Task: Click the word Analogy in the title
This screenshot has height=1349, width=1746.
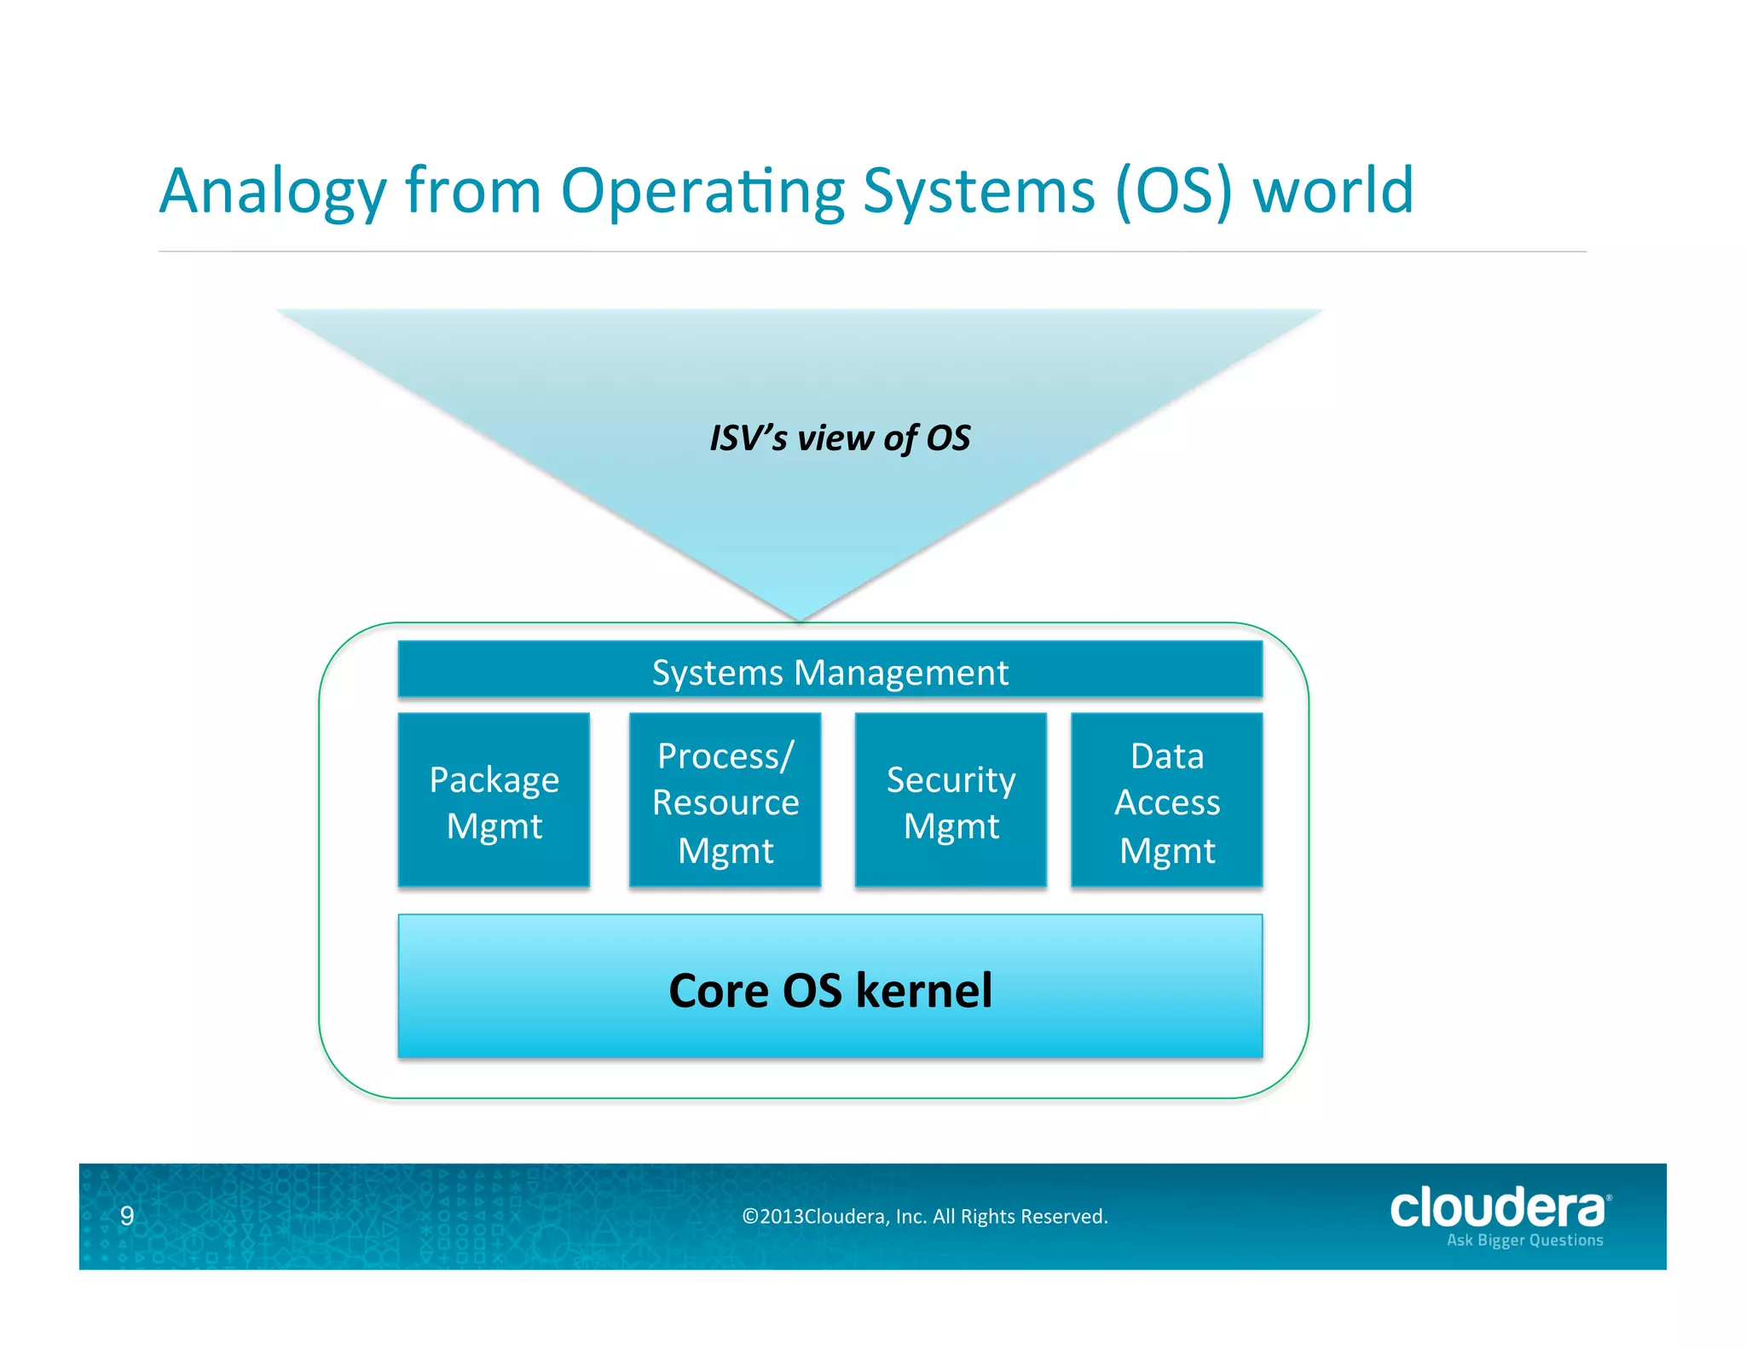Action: click(273, 192)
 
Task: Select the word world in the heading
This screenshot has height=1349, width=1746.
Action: click(1333, 190)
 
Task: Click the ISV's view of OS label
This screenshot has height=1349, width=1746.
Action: click(840, 438)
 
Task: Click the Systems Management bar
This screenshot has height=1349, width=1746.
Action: click(830, 672)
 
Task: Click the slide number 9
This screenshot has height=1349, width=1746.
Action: click(127, 1216)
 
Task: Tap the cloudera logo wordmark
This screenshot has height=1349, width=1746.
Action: click(1497, 1208)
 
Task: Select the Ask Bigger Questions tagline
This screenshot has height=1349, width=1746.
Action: click(1524, 1241)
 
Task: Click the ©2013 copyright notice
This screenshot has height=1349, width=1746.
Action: click(925, 1217)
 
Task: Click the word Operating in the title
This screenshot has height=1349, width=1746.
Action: click(702, 192)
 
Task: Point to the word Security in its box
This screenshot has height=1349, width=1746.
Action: click(951, 779)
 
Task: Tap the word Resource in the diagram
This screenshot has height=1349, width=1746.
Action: click(726, 803)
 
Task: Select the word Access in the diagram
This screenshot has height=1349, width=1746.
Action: click(1167, 803)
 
